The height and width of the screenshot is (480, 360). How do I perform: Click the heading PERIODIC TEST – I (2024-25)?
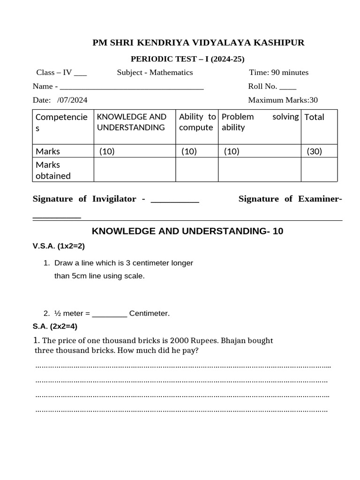(x=187, y=59)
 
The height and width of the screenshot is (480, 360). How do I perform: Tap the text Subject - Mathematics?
(x=155, y=72)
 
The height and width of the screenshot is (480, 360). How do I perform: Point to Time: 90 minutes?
(x=278, y=72)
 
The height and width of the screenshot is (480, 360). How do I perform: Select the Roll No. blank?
(x=288, y=87)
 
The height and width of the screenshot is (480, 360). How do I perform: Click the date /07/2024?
(x=72, y=100)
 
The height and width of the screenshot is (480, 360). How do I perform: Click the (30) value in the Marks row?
(x=315, y=151)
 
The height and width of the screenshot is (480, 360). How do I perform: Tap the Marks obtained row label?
(x=53, y=170)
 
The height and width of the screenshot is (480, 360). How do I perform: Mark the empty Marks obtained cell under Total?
(x=319, y=170)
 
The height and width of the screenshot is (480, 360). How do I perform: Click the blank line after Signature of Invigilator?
(x=175, y=200)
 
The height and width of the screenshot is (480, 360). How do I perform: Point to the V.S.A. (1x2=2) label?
(x=58, y=246)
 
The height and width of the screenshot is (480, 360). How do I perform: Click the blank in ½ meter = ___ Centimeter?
(x=109, y=313)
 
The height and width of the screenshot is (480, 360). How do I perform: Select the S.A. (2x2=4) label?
(x=54, y=326)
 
